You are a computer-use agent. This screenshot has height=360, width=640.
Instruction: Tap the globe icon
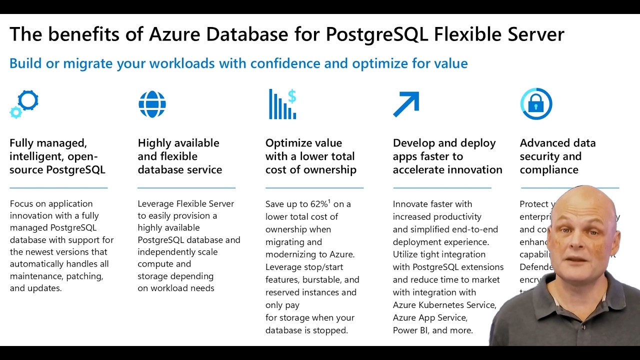[152, 104]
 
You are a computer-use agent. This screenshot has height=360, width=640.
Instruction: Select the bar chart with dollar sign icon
[282, 104]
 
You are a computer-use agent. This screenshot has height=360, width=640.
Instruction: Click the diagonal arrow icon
[406, 104]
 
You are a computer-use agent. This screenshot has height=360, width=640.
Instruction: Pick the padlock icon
[536, 104]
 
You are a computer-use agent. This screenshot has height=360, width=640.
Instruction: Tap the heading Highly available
[178, 143]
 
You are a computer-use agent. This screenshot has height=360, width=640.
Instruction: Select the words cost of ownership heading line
[310, 169]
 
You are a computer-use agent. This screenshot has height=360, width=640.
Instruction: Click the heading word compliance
[548, 169]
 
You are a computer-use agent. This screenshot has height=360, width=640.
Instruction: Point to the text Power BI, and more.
[432, 330]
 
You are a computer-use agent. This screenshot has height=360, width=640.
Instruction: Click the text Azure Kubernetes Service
[444, 305]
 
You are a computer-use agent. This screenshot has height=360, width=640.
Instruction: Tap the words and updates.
[35, 288]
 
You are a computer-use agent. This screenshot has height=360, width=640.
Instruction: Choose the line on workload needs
[175, 288]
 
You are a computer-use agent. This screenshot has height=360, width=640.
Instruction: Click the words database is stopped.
[306, 330]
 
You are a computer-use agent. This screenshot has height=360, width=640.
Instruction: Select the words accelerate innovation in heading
[447, 169]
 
